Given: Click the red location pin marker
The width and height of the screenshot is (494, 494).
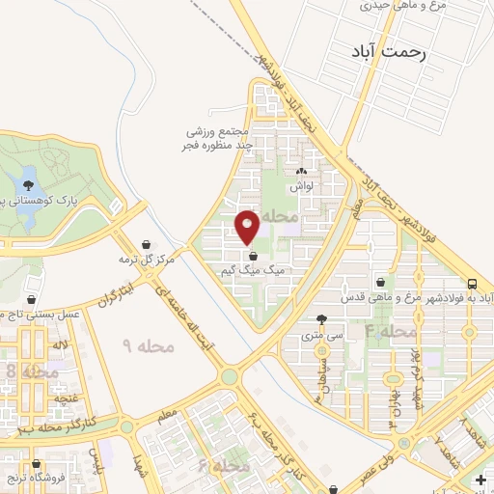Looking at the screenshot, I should point(248,227).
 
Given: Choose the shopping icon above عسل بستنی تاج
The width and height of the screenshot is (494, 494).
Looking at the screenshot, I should point(34,299).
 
